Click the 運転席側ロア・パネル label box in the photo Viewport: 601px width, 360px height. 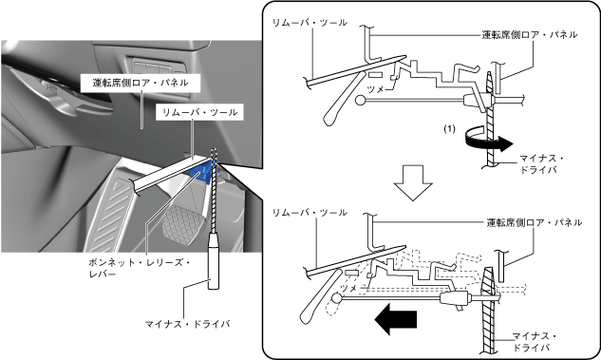point(141,83)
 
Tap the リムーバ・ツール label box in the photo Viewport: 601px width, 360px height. point(199,112)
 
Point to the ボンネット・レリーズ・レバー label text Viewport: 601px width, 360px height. point(140,268)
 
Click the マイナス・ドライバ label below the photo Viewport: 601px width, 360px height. point(187,324)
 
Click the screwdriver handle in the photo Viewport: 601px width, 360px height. point(214,262)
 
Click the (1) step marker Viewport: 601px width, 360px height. point(450,128)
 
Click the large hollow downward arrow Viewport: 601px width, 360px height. point(413,183)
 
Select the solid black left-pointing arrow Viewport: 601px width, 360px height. point(396,319)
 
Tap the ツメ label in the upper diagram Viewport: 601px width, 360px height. point(376,89)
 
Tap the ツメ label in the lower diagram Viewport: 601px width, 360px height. point(348,289)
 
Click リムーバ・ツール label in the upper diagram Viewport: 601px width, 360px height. point(310,23)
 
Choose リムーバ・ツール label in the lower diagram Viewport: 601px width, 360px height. point(310,213)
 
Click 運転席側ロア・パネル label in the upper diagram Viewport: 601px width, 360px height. point(530,34)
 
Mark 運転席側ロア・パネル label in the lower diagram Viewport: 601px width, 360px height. point(535,222)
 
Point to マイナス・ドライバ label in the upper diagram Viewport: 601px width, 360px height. point(541,163)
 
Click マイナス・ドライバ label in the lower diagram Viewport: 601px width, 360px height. point(535,342)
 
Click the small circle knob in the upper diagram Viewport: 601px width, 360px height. point(360,101)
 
